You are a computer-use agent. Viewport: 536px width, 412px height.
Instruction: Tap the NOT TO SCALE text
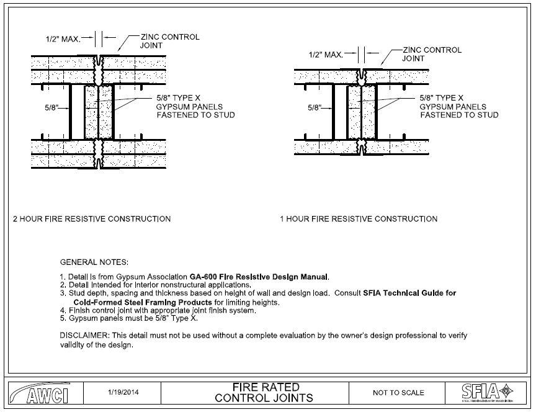[x=398, y=393]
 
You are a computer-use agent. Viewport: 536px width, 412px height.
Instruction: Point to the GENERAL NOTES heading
[x=94, y=262]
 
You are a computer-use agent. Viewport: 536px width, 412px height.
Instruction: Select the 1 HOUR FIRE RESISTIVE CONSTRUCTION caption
[x=359, y=219]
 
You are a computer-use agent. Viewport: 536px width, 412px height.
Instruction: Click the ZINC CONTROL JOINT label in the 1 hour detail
[x=432, y=55]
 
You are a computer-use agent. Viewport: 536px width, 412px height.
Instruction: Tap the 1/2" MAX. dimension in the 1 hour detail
[x=326, y=55]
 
